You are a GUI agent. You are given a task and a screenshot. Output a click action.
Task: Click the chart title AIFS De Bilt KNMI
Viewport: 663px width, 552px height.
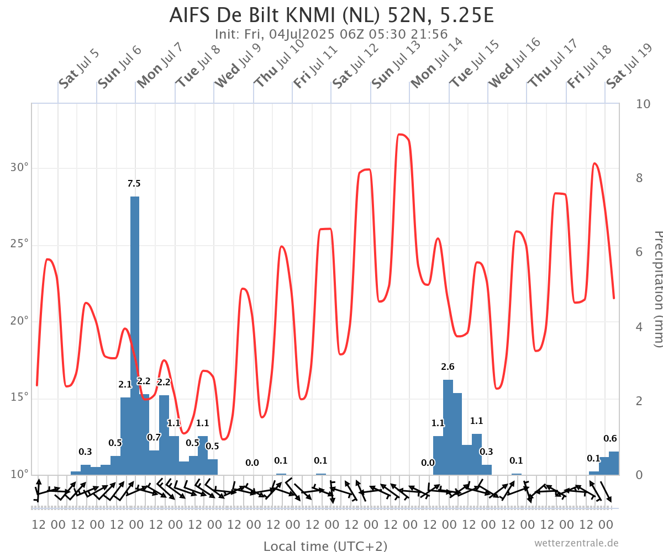(331, 15)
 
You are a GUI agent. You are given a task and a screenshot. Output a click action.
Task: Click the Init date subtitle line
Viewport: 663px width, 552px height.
(331, 34)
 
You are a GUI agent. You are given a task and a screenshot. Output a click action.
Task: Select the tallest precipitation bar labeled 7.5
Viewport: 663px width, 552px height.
(135, 331)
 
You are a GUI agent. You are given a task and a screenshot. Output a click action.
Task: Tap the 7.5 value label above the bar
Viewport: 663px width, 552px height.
(134, 183)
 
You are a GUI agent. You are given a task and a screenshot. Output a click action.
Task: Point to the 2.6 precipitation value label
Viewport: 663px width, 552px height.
(448, 367)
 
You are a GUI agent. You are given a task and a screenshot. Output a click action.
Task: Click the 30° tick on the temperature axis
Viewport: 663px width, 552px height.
(21, 168)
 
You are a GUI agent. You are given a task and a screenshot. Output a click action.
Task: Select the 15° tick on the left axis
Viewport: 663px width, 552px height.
(21, 397)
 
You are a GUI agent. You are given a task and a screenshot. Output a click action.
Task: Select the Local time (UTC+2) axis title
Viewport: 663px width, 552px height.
(325, 546)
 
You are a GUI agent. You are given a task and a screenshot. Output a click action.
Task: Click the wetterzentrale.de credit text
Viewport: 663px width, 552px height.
(576, 543)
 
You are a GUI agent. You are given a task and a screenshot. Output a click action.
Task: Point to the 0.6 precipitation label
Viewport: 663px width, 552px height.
(610, 439)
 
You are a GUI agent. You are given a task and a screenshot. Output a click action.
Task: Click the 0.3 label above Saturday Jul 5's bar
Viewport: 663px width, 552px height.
(85, 452)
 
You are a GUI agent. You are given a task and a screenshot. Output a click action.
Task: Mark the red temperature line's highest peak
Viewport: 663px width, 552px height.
(401, 134)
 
